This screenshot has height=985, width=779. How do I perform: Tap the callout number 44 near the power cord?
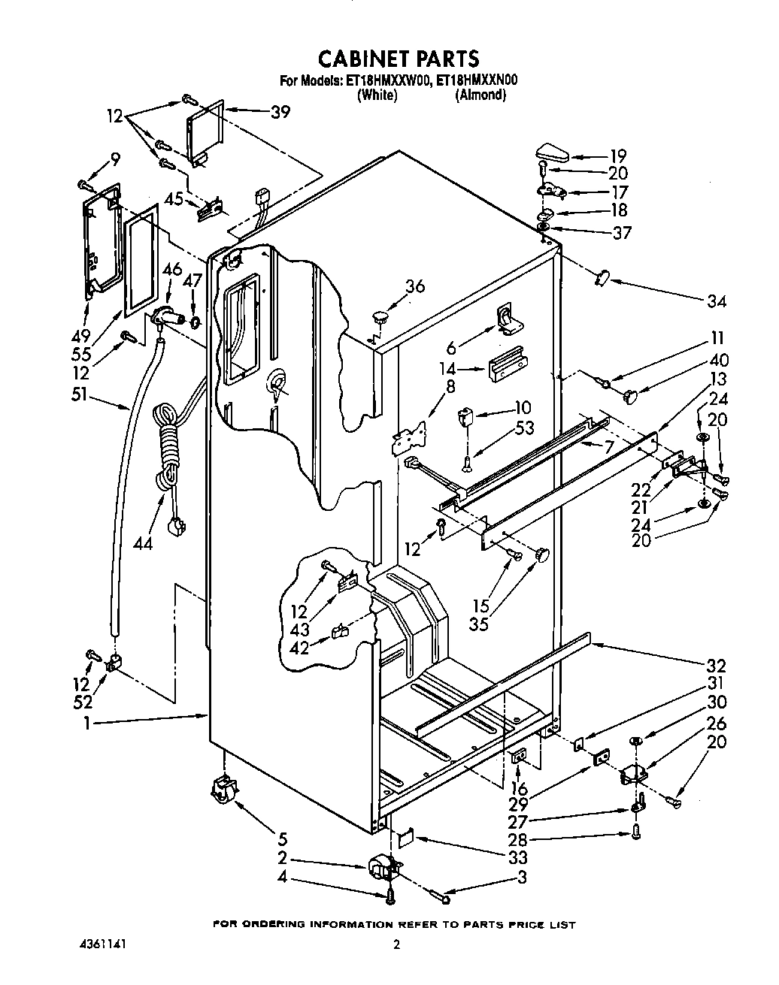[142, 542]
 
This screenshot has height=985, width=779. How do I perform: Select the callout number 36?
[414, 286]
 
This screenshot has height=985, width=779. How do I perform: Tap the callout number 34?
[717, 301]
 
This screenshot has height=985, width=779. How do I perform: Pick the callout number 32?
[716, 665]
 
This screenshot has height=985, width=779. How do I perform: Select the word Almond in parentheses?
[480, 95]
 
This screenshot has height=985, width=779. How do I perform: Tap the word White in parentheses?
[377, 95]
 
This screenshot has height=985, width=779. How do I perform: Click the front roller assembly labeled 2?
[382, 868]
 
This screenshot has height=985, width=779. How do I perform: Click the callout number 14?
[448, 369]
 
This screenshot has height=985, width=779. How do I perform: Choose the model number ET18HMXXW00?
[387, 80]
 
